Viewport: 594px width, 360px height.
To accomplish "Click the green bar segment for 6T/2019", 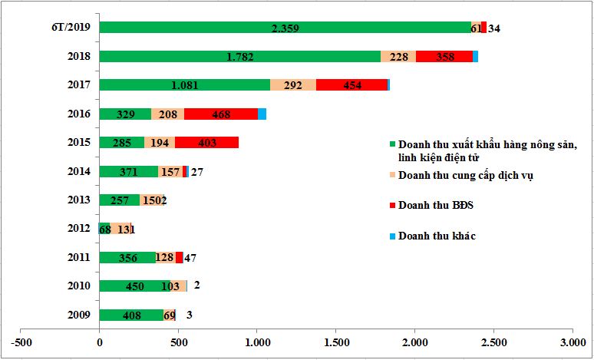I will point(284,28).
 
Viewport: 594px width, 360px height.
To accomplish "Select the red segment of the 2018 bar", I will point(444,56).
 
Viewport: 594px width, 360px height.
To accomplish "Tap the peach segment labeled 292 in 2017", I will point(292,84).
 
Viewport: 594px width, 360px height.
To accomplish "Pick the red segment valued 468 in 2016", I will point(221,114).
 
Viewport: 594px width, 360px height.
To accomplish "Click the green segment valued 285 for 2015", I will point(121,142).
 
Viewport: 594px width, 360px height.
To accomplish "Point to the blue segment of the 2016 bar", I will point(262,114).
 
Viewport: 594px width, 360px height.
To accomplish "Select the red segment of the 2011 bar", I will point(179,258).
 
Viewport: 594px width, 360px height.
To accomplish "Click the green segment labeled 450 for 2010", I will point(135,286).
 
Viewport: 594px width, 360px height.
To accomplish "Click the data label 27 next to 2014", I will point(196,172).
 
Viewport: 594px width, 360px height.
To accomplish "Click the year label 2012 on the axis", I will point(78,228).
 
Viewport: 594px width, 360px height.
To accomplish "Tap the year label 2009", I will point(78,315).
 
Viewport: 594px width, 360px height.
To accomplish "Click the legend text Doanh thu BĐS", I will point(433,206).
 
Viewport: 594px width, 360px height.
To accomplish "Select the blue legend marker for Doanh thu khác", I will point(393,236).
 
